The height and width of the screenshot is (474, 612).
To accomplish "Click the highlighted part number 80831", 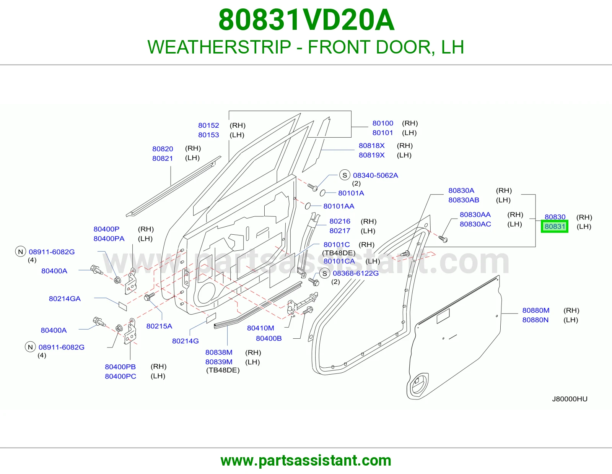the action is pos(555,227).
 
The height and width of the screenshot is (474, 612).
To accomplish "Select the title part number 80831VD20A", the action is pos(306,20).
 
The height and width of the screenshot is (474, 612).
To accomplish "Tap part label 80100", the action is pos(383,123).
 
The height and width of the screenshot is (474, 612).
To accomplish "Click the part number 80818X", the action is pos(371,146).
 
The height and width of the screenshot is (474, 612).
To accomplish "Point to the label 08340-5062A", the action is pos(376,175).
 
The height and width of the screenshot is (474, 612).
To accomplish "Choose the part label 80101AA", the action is pos(339,206).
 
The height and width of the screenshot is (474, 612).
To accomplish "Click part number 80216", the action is pos(340,221).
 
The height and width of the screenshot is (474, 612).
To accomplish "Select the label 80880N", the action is pos(535,320).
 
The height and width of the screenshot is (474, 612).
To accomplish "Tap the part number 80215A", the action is pos(159,326).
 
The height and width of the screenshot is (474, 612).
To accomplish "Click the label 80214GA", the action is pos(65,299).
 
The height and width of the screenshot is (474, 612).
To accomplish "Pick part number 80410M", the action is pos(260,328).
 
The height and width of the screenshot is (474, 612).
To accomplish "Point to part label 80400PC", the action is pos(120,376).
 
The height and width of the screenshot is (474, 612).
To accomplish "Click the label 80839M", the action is pos(219,362).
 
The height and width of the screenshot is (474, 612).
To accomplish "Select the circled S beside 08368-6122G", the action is pos(325,273).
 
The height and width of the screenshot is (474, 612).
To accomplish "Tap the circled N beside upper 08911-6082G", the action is pos(21,252).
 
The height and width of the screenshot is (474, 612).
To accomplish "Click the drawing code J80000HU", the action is pos(570,399).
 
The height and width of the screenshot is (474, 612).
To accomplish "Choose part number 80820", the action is pos(163,149).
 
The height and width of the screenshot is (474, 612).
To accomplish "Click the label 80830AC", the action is pos(475,224).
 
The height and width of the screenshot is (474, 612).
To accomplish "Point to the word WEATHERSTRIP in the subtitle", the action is pos(219,47).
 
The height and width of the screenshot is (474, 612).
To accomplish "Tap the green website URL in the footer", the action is pos(306,461).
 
